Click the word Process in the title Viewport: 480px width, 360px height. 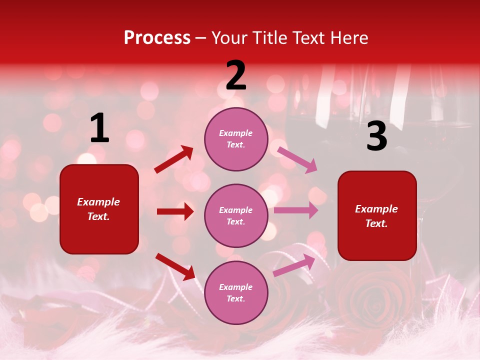[x=157, y=38]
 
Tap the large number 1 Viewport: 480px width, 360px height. [x=99, y=128]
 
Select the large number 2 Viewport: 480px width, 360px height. [x=236, y=75]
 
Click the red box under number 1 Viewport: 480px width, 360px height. [x=99, y=209]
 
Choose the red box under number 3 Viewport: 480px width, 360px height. [x=377, y=215]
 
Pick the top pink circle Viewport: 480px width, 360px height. [x=236, y=139]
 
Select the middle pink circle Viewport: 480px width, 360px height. [x=236, y=215]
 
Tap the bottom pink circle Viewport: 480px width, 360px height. [x=236, y=292]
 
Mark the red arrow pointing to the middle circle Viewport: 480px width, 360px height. [x=175, y=211]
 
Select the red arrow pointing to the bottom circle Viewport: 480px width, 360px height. [x=175, y=266]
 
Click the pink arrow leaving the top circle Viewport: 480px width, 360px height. [x=297, y=159]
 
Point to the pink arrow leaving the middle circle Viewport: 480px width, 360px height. [x=295, y=210]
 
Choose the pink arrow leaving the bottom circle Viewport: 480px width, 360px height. [x=294, y=265]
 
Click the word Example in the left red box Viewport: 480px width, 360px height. [x=98, y=202]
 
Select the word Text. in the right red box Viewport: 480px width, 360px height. [x=376, y=223]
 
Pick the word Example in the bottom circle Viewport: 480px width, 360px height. [x=236, y=287]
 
